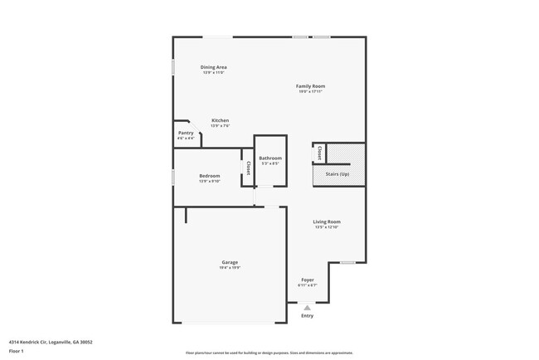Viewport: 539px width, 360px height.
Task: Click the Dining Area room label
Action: click(x=214, y=67)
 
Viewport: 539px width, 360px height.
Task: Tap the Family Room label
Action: click(x=310, y=86)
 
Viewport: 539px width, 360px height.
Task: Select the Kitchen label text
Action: click(x=220, y=120)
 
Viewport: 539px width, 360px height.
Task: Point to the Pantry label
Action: click(x=186, y=133)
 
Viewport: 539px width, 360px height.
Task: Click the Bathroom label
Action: click(x=270, y=158)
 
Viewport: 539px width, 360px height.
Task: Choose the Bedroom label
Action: click(x=209, y=176)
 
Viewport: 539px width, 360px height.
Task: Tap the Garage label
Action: click(x=230, y=262)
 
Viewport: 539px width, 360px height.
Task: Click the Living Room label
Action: click(x=327, y=221)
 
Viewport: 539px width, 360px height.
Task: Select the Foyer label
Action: click(x=308, y=280)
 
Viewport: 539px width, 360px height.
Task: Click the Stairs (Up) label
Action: click(x=337, y=174)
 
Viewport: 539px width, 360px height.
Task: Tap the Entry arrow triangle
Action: click(x=307, y=308)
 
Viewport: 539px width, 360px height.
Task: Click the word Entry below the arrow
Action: click(x=307, y=315)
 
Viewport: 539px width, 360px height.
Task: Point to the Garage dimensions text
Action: click(x=230, y=268)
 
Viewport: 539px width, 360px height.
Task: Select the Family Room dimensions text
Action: click(x=310, y=91)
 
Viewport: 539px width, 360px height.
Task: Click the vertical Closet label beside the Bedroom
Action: click(x=248, y=168)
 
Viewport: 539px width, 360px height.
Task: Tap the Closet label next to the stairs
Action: click(x=319, y=153)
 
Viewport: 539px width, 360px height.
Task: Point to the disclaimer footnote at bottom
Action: click(x=269, y=352)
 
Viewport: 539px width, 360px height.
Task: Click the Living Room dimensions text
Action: click(x=327, y=227)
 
